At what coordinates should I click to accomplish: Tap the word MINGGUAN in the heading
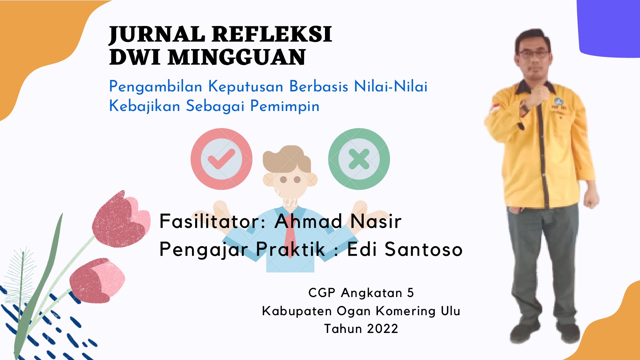coord(236,57)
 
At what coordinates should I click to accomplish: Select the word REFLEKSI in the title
coord(272,34)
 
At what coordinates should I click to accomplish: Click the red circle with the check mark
coord(222,159)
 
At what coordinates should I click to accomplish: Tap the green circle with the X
coord(359,159)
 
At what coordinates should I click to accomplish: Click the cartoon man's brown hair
coord(286,158)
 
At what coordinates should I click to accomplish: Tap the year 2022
coord(383,329)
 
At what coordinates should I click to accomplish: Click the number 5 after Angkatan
coord(411,293)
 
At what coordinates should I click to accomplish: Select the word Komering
coord(406,311)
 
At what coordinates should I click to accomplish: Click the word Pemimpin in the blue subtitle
coord(285,106)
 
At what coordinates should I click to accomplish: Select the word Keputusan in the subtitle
coord(246,87)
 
